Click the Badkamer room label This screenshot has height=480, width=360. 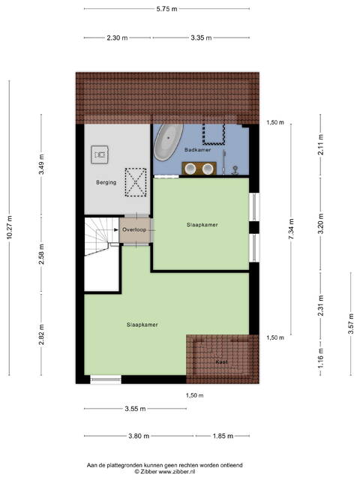(x=197, y=150)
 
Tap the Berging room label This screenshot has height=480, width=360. (x=106, y=182)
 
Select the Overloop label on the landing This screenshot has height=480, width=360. (x=134, y=229)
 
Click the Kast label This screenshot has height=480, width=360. (x=221, y=361)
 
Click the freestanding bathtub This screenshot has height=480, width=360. (x=168, y=142)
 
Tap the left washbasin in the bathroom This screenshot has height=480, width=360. (x=190, y=168)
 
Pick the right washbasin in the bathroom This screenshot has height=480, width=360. (x=208, y=168)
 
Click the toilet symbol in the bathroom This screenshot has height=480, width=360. (x=235, y=169)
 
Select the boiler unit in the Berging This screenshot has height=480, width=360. (x=100, y=154)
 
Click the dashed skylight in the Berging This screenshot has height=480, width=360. (x=136, y=182)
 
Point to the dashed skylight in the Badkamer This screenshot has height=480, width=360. (x=214, y=133)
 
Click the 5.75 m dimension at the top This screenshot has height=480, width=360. (x=166, y=9)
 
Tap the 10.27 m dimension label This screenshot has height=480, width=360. (x=10, y=227)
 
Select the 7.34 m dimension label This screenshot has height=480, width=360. (x=291, y=229)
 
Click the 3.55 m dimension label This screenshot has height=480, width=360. (x=135, y=408)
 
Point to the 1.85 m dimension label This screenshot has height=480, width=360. (x=223, y=436)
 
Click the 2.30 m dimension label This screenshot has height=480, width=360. (x=117, y=38)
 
